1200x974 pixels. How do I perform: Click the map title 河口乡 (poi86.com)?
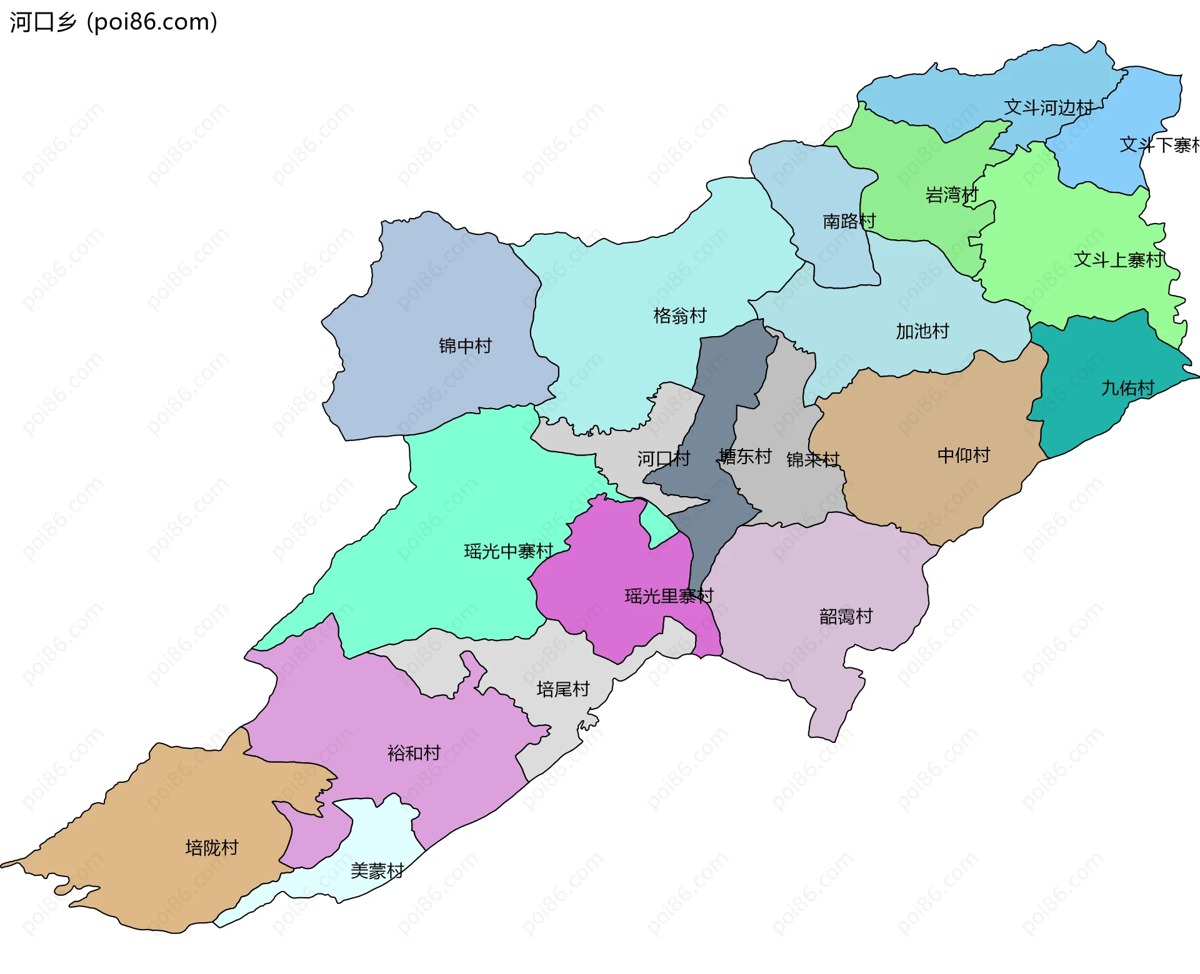pyautogui.click(x=113, y=22)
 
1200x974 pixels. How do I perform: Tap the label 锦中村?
pyautogui.click(x=465, y=345)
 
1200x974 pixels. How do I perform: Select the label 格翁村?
pyautogui.click(x=679, y=316)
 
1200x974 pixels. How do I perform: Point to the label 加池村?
pyautogui.click(x=922, y=331)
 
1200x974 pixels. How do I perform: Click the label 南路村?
pyautogui.click(x=849, y=221)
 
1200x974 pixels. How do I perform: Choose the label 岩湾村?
pyautogui.click(x=951, y=195)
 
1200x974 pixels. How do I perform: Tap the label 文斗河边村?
pyautogui.click(x=1048, y=107)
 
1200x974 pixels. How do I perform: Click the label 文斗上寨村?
pyautogui.click(x=1117, y=259)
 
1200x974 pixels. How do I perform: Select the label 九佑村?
pyautogui.click(x=1127, y=388)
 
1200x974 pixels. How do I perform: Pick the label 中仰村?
pyautogui.click(x=963, y=455)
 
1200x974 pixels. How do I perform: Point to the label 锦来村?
pyautogui.click(x=812, y=460)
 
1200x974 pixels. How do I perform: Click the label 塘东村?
pyautogui.click(x=745, y=456)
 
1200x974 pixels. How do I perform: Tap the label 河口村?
pyautogui.click(x=663, y=459)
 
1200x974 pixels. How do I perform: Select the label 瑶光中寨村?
pyautogui.click(x=508, y=551)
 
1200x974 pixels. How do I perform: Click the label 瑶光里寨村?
pyautogui.click(x=668, y=596)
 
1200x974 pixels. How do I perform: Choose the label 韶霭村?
pyautogui.click(x=846, y=617)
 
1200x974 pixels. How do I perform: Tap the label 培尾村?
pyautogui.click(x=562, y=689)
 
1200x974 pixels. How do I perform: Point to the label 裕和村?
pyautogui.click(x=414, y=753)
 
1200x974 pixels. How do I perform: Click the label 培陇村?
pyautogui.click(x=212, y=847)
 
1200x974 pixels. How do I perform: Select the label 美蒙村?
pyautogui.click(x=377, y=870)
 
